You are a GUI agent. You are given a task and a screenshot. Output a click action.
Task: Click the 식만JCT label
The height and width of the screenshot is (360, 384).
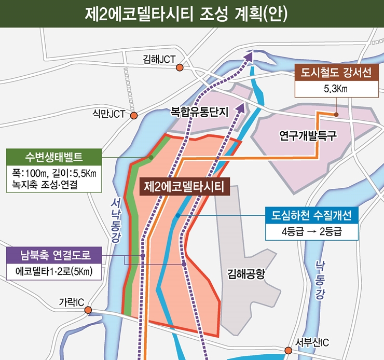[x=108, y=114]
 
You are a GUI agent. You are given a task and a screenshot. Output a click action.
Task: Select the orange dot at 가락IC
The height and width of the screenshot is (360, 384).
[x=88, y=310]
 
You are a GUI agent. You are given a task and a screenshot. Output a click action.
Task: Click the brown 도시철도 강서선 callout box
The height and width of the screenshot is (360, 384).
[x=334, y=73]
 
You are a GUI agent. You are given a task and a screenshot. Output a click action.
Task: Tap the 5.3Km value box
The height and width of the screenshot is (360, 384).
[x=334, y=89]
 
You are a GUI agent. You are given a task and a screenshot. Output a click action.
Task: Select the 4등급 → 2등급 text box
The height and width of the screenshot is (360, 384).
[x=311, y=231]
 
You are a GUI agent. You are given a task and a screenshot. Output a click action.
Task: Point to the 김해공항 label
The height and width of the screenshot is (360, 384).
[x=246, y=274]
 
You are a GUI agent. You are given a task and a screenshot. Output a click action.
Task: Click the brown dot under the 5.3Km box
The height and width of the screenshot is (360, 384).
[x=336, y=115]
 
